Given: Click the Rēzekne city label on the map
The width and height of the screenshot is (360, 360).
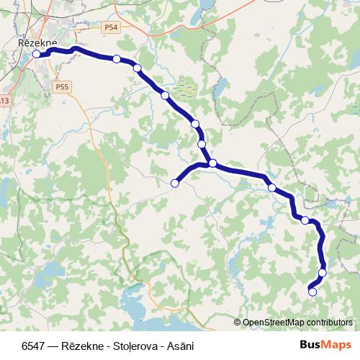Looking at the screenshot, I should (36, 43).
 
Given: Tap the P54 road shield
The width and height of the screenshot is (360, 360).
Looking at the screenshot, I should (109, 27).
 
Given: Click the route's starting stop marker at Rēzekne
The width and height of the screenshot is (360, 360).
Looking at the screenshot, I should (37, 53).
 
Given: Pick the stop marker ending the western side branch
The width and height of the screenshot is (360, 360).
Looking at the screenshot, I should (174, 184).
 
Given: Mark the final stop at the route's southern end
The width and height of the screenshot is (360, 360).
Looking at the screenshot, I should (312, 292).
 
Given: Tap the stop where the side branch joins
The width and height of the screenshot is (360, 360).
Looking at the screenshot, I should (213, 163).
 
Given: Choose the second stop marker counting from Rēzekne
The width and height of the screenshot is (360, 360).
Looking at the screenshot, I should (117, 59).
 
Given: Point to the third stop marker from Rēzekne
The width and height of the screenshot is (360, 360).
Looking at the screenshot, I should (137, 68).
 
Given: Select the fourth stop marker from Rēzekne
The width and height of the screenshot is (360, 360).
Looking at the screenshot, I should (165, 95).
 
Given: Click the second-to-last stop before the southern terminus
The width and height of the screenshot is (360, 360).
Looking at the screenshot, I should (323, 273).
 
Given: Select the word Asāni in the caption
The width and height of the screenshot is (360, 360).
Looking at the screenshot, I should (179, 346).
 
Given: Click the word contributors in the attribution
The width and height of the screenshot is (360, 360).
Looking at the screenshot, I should (329, 323).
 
